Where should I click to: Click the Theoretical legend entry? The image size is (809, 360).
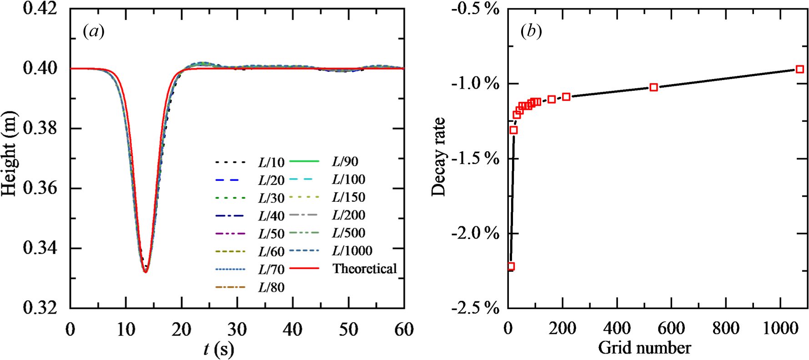click(x=364, y=269)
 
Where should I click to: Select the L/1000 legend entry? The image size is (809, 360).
click(x=352, y=250)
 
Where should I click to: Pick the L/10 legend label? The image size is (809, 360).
click(x=271, y=162)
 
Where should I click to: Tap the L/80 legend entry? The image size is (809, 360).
click(x=271, y=287)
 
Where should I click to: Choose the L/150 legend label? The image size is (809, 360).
click(x=348, y=197)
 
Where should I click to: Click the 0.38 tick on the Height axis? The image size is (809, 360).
click(x=40, y=128)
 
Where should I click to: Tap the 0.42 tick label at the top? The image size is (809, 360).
click(x=40, y=8)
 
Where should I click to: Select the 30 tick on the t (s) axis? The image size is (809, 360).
click(x=237, y=329)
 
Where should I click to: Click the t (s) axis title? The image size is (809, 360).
click(x=218, y=349)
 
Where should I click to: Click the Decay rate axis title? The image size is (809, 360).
click(x=439, y=157)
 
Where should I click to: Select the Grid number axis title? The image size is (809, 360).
click(x=644, y=348)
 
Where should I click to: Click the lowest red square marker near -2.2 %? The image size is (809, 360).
click(x=511, y=266)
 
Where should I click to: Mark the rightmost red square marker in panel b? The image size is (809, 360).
click(x=799, y=69)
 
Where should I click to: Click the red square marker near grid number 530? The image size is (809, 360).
click(x=653, y=87)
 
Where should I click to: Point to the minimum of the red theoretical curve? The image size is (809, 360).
click(x=146, y=272)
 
